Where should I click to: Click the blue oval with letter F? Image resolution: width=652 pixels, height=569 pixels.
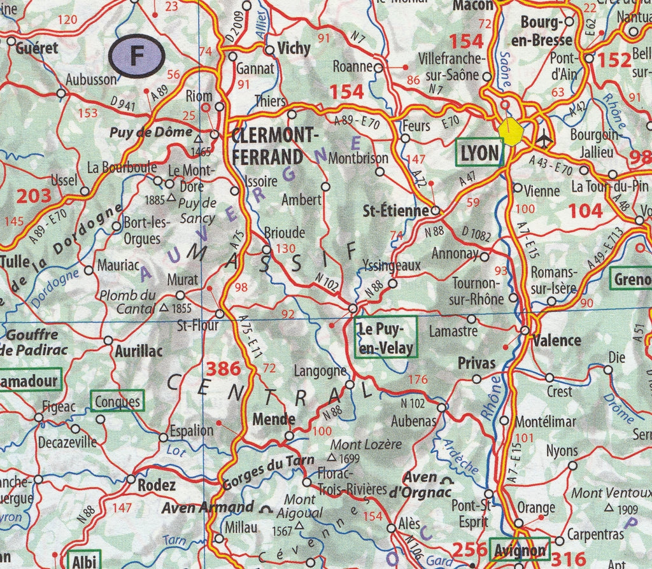pos(137,57)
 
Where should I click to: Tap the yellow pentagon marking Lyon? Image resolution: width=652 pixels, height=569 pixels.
pos(511,131)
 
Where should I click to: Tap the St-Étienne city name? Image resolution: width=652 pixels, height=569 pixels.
pos(395,211)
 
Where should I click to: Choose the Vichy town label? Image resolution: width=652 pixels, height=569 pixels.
pos(294,48)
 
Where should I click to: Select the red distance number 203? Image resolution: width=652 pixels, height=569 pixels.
pos(33,196)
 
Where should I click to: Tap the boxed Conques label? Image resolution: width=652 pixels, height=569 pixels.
pos(117,402)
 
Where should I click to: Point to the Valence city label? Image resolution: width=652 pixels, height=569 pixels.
pos(557,340)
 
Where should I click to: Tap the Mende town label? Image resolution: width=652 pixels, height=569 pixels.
pos(274,419)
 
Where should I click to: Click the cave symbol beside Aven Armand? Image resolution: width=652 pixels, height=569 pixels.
pos(266,509)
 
